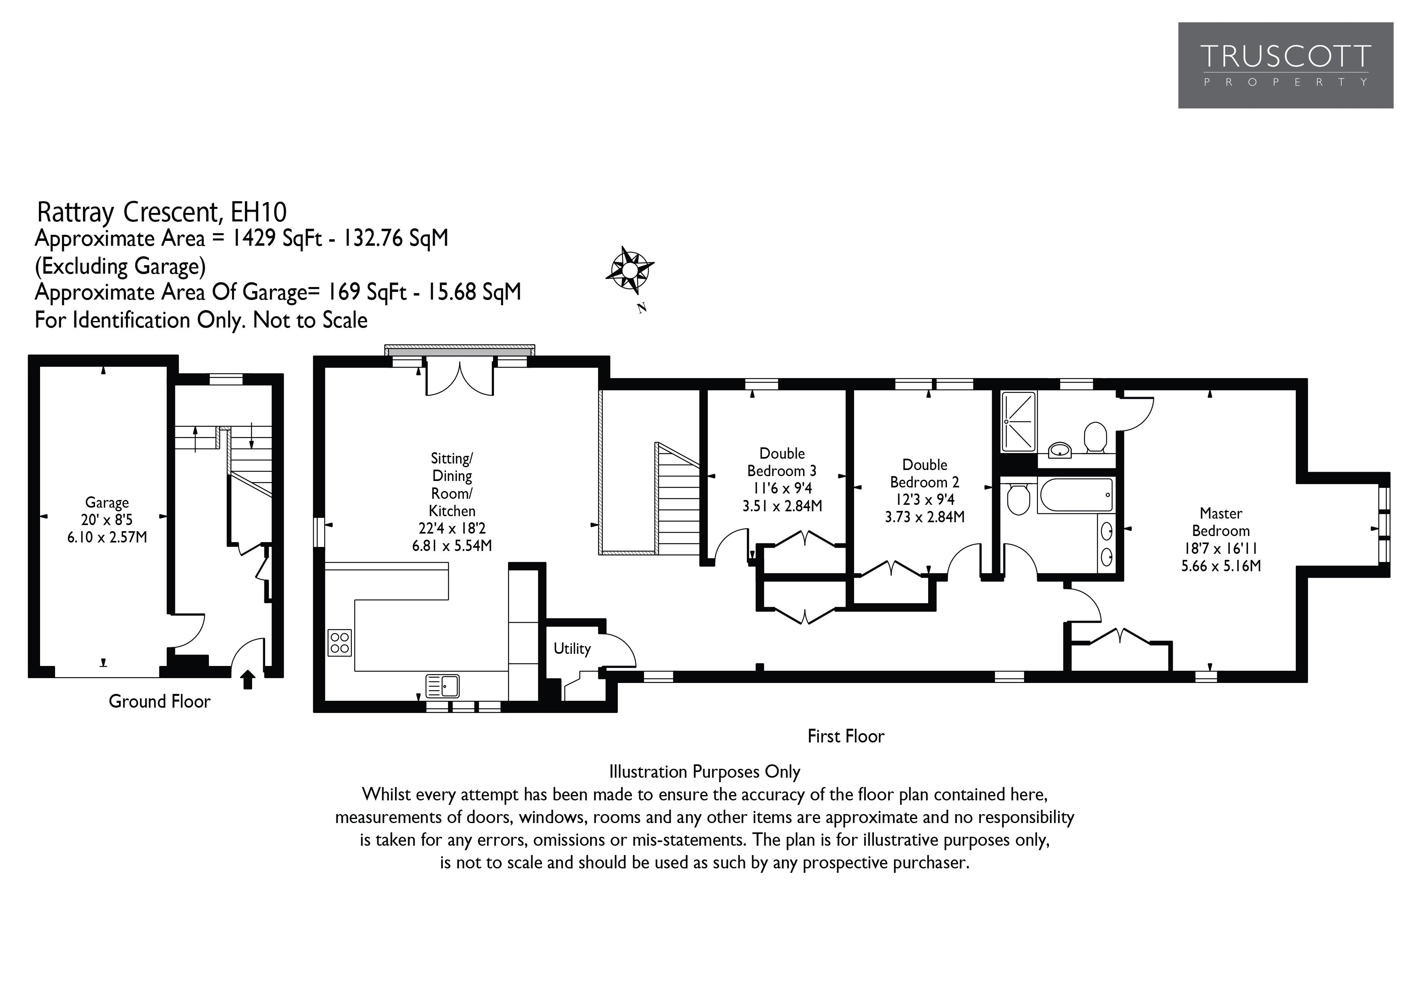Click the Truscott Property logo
coord(1285,66)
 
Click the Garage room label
coord(107,520)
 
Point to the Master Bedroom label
coord(1221,539)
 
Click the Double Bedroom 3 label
coord(782,479)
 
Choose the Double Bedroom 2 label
coord(925,491)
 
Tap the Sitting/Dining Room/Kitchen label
coord(452,502)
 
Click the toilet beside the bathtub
coord(1017,499)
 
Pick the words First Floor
coord(846,736)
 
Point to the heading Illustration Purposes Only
coord(704,772)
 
